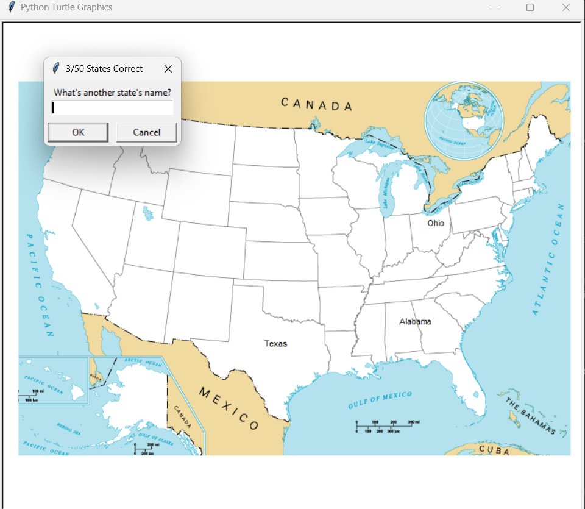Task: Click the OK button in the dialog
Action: (x=78, y=132)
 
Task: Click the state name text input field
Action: (x=113, y=108)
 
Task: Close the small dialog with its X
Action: (x=168, y=69)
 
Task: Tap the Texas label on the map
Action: (x=275, y=344)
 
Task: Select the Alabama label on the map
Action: (x=415, y=321)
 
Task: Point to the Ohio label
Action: (x=436, y=223)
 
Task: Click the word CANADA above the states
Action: (x=316, y=104)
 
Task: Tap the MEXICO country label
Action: (x=229, y=408)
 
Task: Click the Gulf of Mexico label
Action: (x=380, y=400)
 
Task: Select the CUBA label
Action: (x=494, y=449)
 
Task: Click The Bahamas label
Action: (x=530, y=416)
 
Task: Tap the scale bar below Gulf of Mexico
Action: (x=386, y=426)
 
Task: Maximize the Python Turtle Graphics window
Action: (x=530, y=7)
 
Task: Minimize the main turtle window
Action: (x=495, y=7)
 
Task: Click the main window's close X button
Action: (x=565, y=7)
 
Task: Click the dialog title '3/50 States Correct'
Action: (x=104, y=69)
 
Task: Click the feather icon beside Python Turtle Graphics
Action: (x=10, y=7)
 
